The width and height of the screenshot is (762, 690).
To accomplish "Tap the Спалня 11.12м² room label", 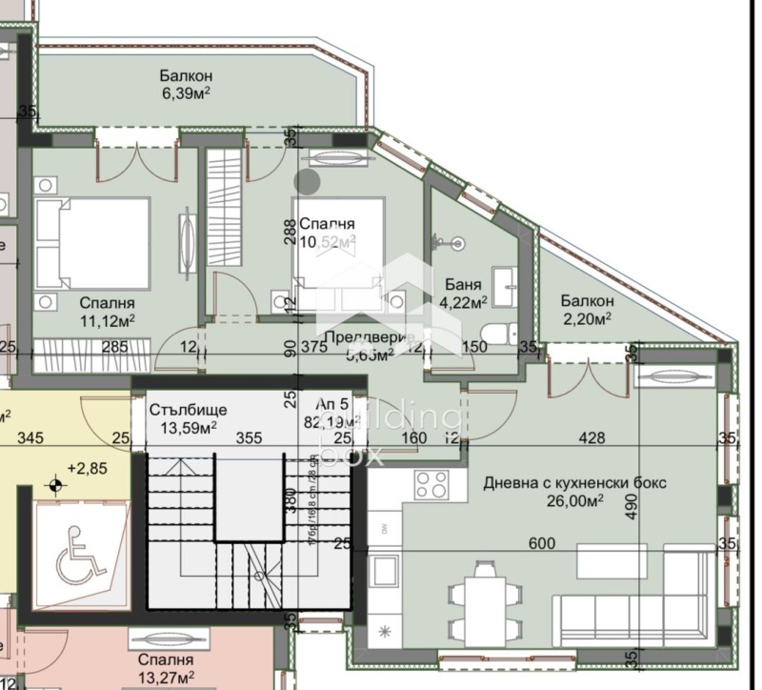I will click(x=107, y=313).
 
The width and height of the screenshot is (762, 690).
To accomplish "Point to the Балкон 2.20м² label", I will click(x=585, y=309).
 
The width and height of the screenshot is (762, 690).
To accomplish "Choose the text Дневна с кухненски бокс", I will click(x=574, y=483).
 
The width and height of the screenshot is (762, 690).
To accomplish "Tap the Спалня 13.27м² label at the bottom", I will click(x=166, y=668).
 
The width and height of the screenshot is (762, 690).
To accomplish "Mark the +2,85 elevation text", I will click(x=87, y=469).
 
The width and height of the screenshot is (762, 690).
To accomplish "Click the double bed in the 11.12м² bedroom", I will click(x=92, y=242).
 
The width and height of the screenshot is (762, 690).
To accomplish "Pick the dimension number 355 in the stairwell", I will click(x=249, y=438).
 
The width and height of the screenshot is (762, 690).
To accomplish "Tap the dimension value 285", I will click(x=115, y=347).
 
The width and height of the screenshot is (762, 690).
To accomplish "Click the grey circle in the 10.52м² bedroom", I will click(x=308, y=181).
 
